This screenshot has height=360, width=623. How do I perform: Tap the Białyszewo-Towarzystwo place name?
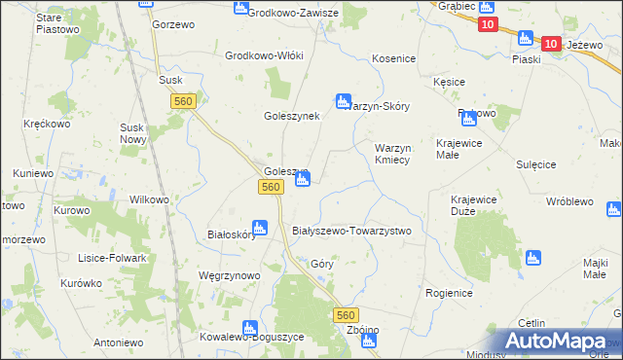pyautogui.click(x=352, y=231)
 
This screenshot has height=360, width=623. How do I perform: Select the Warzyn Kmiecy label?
pyautogui.click(x=398, y=154)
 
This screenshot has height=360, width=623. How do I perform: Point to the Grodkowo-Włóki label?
pyautogui.click(x=265, y=55)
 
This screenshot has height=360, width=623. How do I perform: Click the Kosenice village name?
pyautogui.click(x=394, y=59)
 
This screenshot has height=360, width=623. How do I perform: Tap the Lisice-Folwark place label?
pyautogui.click(x=112, y=258)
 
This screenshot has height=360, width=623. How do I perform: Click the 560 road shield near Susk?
pyautogui.click(x=183, y=101)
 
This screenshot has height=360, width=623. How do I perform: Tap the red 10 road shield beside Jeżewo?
pyautogui.click(x=551, y=44)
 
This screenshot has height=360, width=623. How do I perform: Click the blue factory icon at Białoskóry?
pyautogui.click(x=260, y=227)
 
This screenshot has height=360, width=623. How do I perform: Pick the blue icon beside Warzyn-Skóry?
pyautogui.click(x=343, y=100)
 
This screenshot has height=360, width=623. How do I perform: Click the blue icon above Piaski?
pyautogui.click(x=526, y=38)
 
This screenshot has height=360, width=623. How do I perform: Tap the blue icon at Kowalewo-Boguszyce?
pyautogui.click(x=251, y=328)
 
